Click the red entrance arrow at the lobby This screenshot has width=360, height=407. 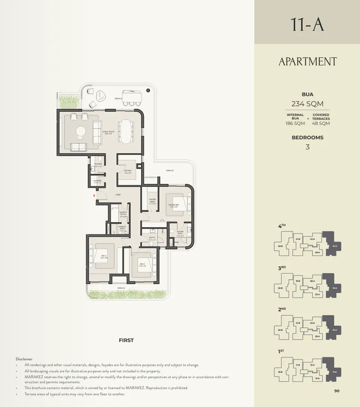pyautogui.click(x=94, y=195)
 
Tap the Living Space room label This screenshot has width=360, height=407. pyautogui.click(x=108, y=132)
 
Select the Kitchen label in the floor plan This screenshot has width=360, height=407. pyautogui.click(x=127, y=172)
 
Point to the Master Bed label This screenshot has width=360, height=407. pyautogui.click(x=173, y=206)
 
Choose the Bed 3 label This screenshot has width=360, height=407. pyautogui.click(x=104, y=257)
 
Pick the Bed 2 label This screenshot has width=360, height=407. pyautogui.click(x=142, y=265)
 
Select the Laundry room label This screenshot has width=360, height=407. pyautogui.click(x=97, y=182)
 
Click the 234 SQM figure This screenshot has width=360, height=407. pyautogui.click(x=307, y=104)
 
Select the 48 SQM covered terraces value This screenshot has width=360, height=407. pyautogui.click(x=321, y=123)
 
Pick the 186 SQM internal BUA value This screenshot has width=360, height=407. pyautogui.click(x=295, y=123)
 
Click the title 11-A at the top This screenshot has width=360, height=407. pyautogui.click(x=307, y=24)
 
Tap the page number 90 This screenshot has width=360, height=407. pyautogui.click(x=337, y=391)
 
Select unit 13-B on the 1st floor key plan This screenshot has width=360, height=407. pyautogui.click(x=280, y=372)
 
